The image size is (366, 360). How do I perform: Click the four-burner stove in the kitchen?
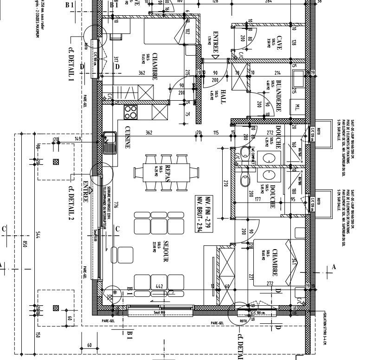pos(131,112)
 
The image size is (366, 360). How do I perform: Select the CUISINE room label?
pos(127,138)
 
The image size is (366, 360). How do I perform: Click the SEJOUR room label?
pos(165,252)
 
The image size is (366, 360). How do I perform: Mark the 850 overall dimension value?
pos(25,244)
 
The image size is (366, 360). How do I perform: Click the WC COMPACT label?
pos(253,157)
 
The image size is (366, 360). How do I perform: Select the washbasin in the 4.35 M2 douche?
pos(269,158)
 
